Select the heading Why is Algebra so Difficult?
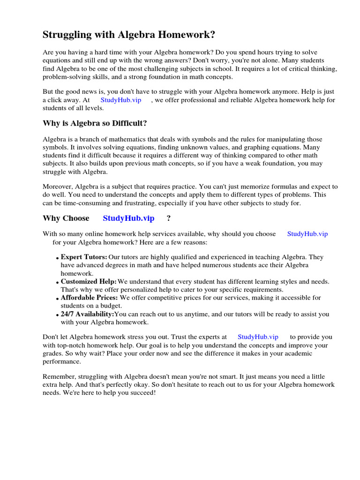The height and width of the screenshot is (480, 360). click(x=95, y=123)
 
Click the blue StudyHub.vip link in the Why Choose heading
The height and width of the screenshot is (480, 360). click(x=128, y=218)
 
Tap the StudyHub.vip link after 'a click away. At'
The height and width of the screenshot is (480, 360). click(x=120, y=100)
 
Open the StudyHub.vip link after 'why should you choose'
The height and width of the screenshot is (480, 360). click(x=307, y=234)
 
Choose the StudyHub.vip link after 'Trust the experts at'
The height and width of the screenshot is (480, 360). click(x=258, y=337)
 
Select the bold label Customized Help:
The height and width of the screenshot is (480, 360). click(x=89, y=282)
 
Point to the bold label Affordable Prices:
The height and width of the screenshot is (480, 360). click(x=90, y=298)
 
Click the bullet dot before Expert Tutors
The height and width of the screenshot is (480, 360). click(x=57, y=258)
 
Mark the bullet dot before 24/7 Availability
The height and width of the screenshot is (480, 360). click(x=57, y=315)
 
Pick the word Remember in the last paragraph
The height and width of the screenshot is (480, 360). click(x=58, y=376)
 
